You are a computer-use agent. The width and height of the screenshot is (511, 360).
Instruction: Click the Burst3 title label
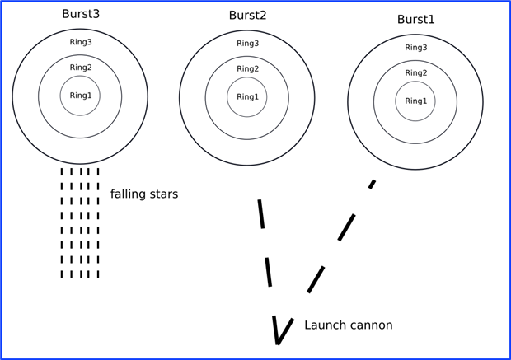[x=80, y=14]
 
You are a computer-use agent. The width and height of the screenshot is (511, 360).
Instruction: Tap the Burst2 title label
[x=247, y=16]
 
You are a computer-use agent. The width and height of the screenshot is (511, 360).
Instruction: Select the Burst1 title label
[x=415, y=19]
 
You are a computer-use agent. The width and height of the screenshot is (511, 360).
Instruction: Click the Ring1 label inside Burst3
[x=81, y=96]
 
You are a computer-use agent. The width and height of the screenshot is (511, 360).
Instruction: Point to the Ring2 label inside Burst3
[x=81, y=68]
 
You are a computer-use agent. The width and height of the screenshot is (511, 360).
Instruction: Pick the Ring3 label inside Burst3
[x=81, y=42]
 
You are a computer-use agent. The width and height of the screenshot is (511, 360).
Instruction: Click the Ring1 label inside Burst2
[x=247, y=97]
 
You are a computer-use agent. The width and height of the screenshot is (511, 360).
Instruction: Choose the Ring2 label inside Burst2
[x=247, y=69]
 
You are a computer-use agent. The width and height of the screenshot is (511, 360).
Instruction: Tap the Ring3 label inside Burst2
[x=247, y=44]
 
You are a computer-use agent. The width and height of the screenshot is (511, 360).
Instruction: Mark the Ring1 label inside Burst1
[x=415, y=101]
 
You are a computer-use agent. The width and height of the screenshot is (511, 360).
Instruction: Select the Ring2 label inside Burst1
[x=415, y=73]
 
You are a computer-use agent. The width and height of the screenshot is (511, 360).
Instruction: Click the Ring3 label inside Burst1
[x=415, y=48]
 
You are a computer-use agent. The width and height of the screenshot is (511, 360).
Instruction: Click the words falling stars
[x=144, y=194]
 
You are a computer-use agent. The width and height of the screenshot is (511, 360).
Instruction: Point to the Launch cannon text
[x=349, y=325]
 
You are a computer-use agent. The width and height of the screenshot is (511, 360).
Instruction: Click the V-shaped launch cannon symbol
[x=281, y=330]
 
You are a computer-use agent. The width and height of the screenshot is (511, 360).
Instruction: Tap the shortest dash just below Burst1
[x=373, y=184]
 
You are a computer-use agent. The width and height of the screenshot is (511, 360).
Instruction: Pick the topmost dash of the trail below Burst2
[x=261, y=213]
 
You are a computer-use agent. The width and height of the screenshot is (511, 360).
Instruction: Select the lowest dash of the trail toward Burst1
[x=316, y=279]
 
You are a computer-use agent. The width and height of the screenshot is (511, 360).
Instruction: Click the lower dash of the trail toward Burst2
[x=268, y=272]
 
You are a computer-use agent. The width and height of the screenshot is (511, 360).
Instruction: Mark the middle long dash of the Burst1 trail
[x=346, y=227]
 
